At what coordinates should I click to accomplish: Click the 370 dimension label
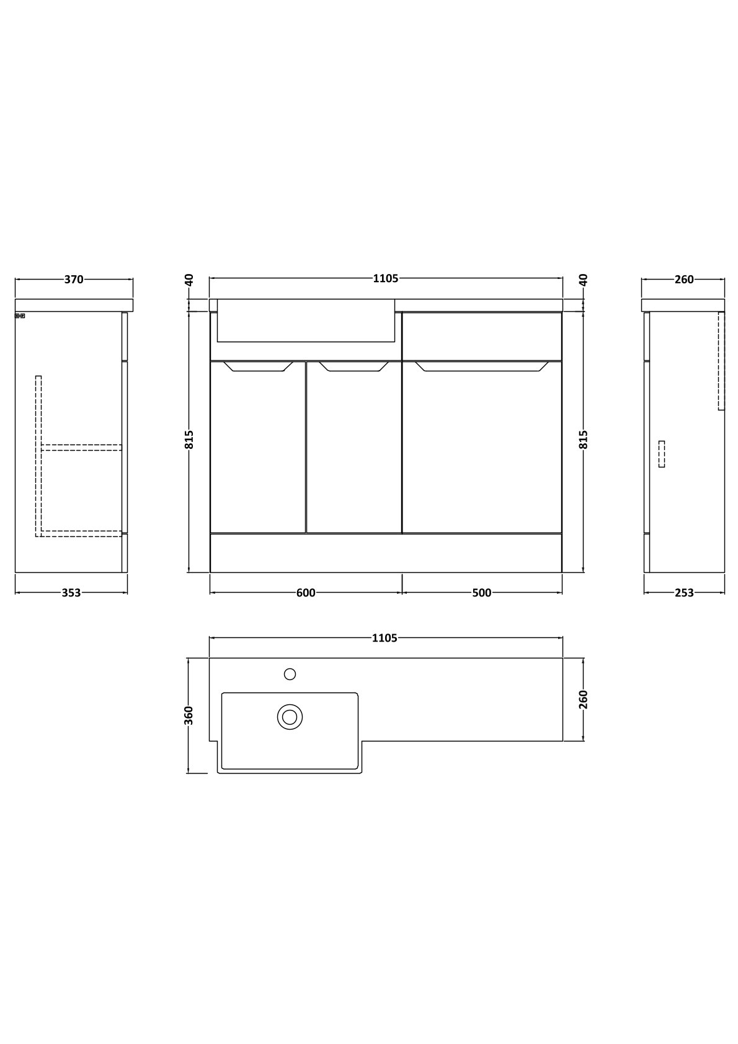[x=74, y=279]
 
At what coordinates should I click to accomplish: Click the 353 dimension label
[x=71, y=593]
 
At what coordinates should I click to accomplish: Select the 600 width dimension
[x=306, y=593]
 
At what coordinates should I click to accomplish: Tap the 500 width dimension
[x=482, y=593]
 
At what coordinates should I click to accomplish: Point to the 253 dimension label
[x=685, y=593]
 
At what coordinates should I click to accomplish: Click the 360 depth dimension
[x=189, y=715]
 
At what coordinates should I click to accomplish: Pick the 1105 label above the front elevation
[x=386, y=279]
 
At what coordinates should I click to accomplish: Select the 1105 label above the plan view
[x=385, y=638]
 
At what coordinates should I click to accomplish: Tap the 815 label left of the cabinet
[x=189, y=440]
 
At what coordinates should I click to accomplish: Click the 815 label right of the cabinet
[x=583, y=440]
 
